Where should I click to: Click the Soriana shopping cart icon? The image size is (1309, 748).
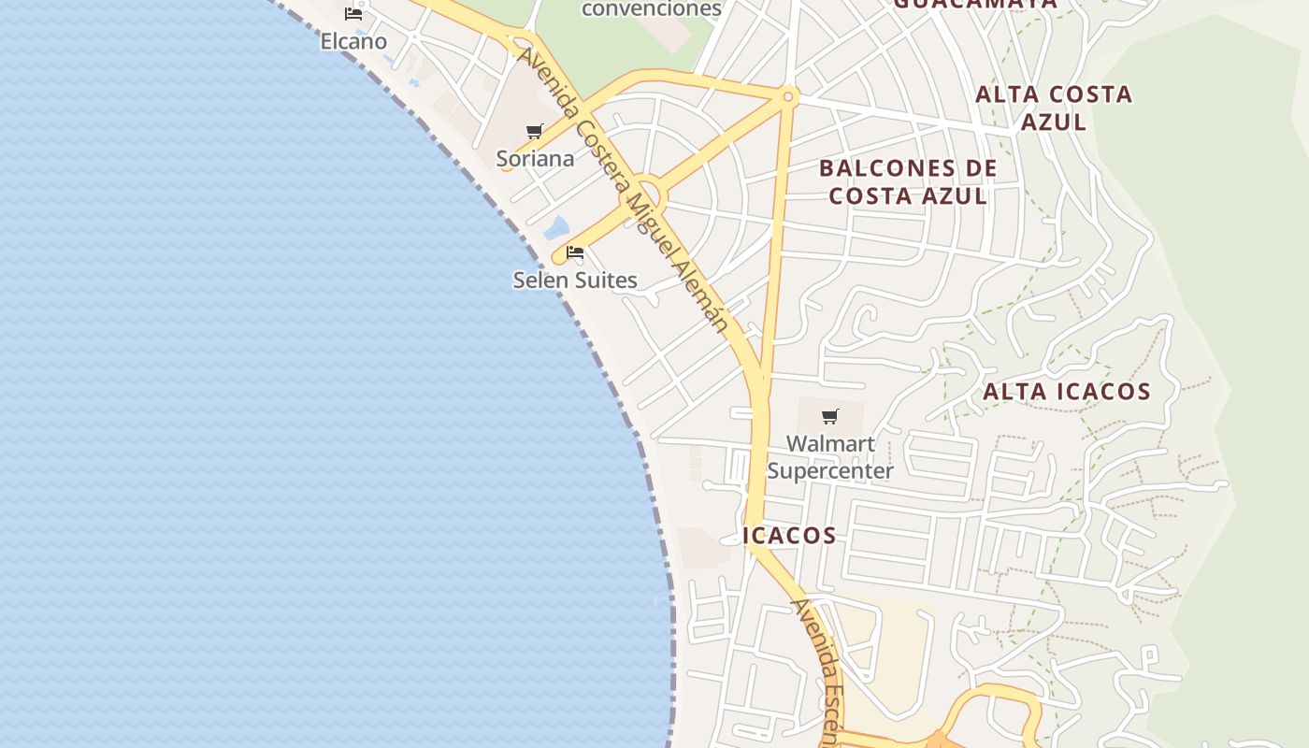point(535,132)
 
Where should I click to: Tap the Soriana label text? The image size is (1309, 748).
point(535,159)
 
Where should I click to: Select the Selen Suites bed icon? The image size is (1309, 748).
point(575,252)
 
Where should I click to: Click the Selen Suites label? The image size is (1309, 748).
point(575,280)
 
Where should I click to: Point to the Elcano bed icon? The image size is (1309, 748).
point(353,14)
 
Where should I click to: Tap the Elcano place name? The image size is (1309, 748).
point(353,41)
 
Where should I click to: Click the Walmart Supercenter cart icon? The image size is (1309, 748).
point(830,417)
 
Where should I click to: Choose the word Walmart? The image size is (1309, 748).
point(830,444)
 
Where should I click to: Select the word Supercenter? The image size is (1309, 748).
point(830,470)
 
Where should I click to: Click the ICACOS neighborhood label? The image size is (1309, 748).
point(790,536)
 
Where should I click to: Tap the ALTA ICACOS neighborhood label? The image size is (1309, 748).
point(1067,392)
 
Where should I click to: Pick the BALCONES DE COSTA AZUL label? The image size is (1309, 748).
point(908,182)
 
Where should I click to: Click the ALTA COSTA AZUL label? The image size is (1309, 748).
point(1054,108)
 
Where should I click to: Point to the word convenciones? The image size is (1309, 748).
point(652,9)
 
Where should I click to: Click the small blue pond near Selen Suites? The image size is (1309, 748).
point(556,227)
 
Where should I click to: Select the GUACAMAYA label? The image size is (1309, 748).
point(975,3)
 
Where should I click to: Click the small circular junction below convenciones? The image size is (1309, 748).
point(788,96)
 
